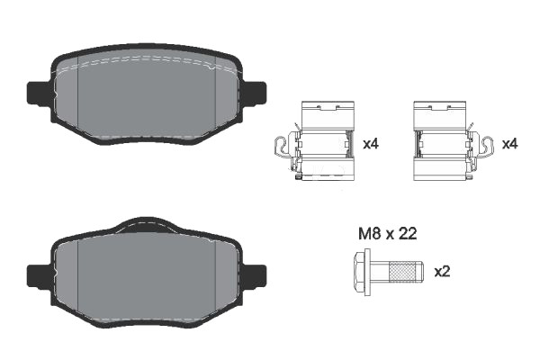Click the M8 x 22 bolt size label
pos(387,234)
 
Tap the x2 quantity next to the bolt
pos(442,272)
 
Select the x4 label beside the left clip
pos(371,144)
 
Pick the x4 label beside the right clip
pos(510,144)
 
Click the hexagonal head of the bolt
pos(362,272)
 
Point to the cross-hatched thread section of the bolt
pos(402,272)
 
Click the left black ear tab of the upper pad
pos(39,94)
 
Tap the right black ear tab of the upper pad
pos(255,94)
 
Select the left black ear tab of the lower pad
pos(39,276)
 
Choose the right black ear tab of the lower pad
pos(255,276)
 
